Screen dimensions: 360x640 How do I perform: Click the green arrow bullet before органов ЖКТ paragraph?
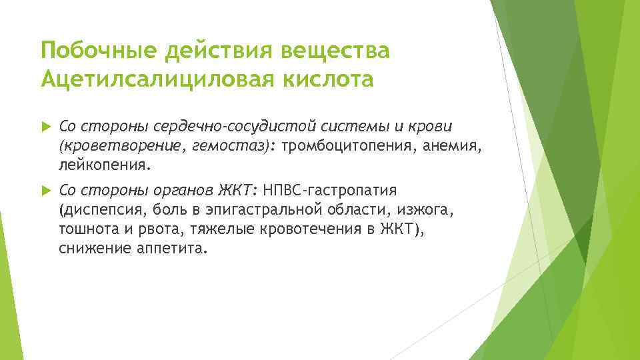45,190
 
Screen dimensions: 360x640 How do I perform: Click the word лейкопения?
105,164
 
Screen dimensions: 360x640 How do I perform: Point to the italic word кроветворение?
119,145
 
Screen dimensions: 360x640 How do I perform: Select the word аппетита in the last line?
172,249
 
